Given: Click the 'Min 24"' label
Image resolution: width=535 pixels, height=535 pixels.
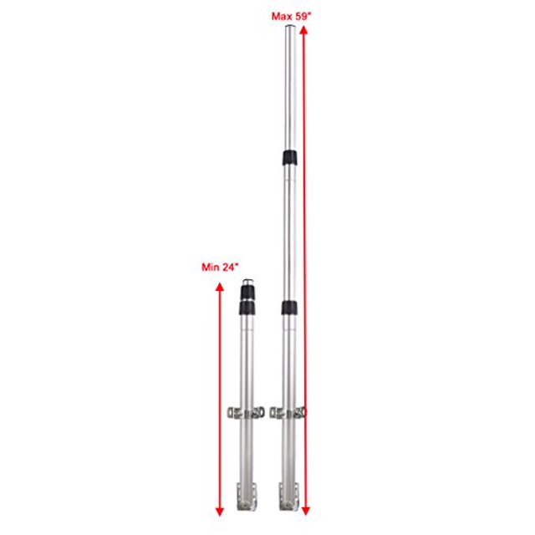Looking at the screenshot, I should [221, 267].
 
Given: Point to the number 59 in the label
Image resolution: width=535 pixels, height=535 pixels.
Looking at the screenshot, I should [302, 16].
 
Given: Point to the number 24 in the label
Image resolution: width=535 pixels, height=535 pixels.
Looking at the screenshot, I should [230, 267].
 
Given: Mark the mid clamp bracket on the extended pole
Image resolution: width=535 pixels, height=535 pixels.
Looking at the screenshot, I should [289, 412].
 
